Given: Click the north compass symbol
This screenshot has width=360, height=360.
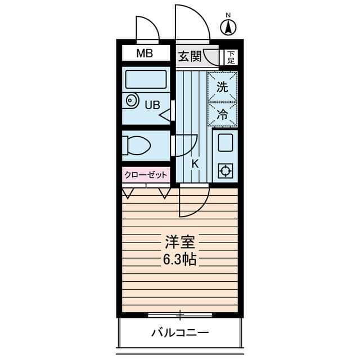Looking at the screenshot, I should tap(228, 26).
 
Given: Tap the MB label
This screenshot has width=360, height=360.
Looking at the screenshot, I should tap(145, 54).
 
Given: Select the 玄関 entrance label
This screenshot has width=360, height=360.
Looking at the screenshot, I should tap(190, 56).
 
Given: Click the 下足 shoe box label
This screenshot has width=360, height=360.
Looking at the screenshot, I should tap(231, 56).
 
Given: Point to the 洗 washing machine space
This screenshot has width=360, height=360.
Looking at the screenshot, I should tap(222, 87).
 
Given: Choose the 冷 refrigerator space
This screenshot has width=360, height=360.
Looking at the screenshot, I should tap(222, 115).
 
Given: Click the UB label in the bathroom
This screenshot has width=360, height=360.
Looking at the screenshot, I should tap(152, 104).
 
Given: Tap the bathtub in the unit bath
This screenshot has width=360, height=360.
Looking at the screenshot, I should tap(146, 79).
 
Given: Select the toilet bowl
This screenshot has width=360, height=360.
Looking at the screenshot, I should tap(138, 146).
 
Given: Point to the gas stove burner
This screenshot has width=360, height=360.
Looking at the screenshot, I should tap(226, 170).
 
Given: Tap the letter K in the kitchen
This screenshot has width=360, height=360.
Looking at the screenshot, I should tap(195, 164).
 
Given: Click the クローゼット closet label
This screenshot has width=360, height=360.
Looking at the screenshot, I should tap(146, 174).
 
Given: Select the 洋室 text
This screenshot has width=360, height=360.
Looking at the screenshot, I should tap(179, 242).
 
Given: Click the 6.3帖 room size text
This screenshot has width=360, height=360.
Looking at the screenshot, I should tap(180, 260).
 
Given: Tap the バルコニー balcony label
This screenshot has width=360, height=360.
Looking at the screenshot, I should tap(180, 332).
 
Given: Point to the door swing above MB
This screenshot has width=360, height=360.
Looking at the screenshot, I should tap(147, 29).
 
